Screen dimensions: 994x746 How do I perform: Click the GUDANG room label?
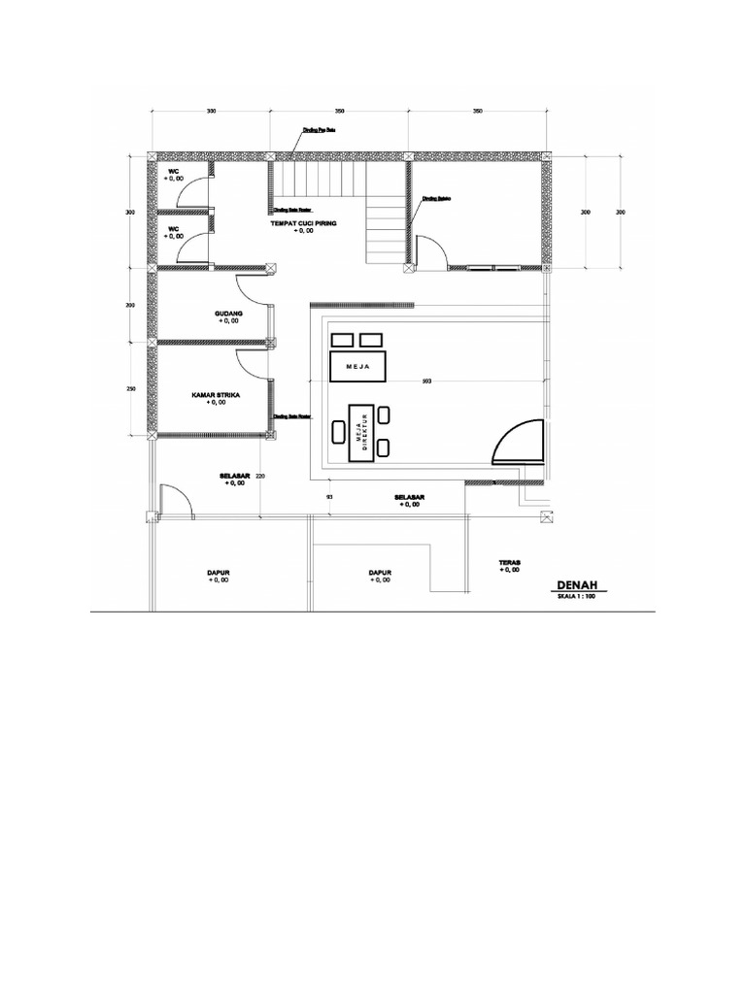pos(227,314)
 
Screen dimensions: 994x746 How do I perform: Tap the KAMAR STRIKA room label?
pos(216,396)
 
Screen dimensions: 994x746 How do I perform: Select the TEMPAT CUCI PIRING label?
pos(303,223)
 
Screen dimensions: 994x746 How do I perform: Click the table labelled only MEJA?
pos(358,367)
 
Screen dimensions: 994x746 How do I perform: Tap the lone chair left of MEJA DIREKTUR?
pos(339,430)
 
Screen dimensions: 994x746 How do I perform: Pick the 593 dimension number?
pos(427,381)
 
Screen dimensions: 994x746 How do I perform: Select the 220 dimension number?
pos(260,476)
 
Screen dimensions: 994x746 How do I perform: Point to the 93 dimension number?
pos(329,497)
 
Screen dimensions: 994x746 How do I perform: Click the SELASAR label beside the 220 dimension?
pos(235,476)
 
